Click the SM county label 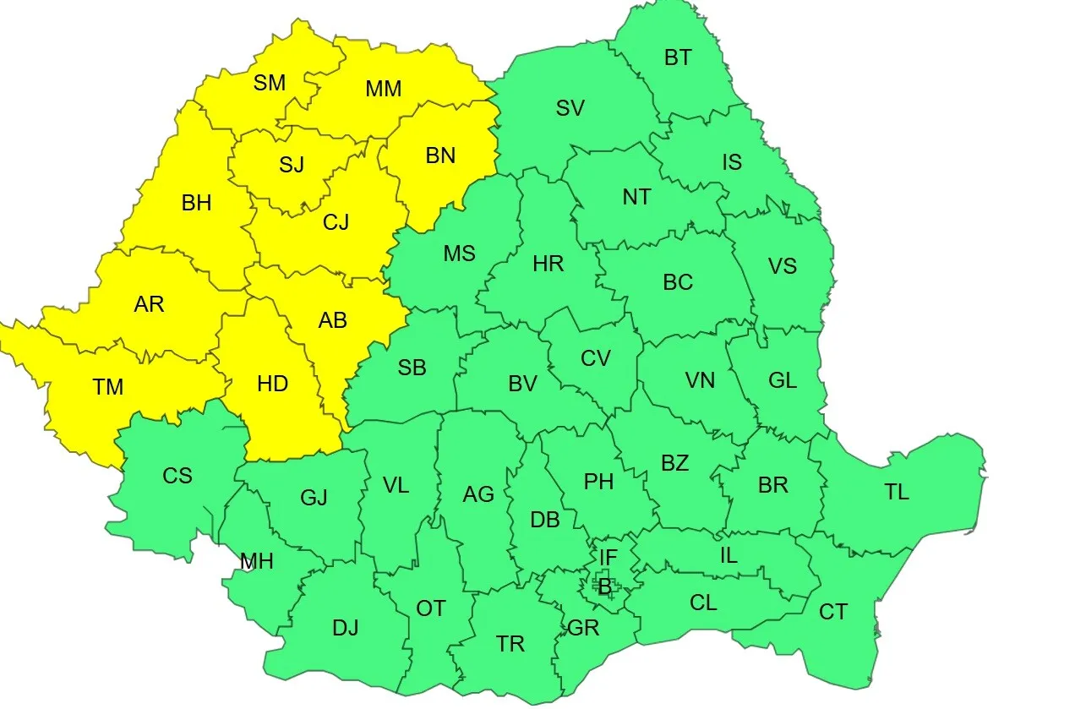[270, 83]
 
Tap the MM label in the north [383, 89]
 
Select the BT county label [678, 57]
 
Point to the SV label [570, 108]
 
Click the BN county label [440, 155]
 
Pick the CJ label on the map [336, 222]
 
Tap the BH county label [197, 204]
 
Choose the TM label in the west [108, 387]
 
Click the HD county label [272, 384]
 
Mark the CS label [177, 476]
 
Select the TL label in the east [897, 492]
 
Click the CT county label [832, 612]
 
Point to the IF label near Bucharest [608, 558]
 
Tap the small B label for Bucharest [604, 586]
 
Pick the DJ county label [345, 628]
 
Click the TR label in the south [510, 644]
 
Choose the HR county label [548, 264]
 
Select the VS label [783, 266]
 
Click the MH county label [257, 561]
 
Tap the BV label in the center [522, 384]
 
